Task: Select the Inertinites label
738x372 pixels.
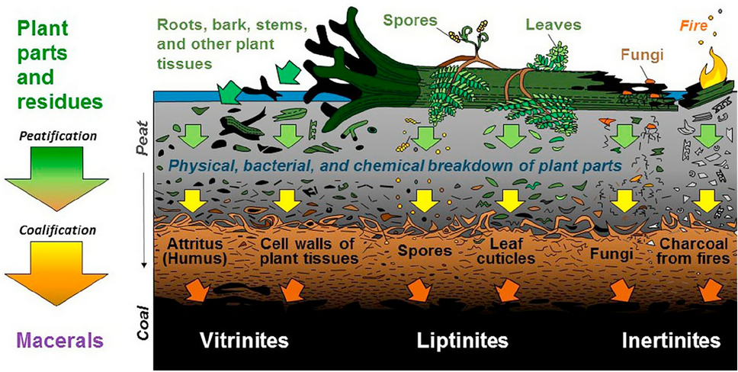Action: pyautogui.click(x=669, y=339)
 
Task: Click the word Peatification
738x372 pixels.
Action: pyautogui.click(x=52, y=136)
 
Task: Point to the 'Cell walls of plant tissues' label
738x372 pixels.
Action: pyautogui.click(x=309, y=252)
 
